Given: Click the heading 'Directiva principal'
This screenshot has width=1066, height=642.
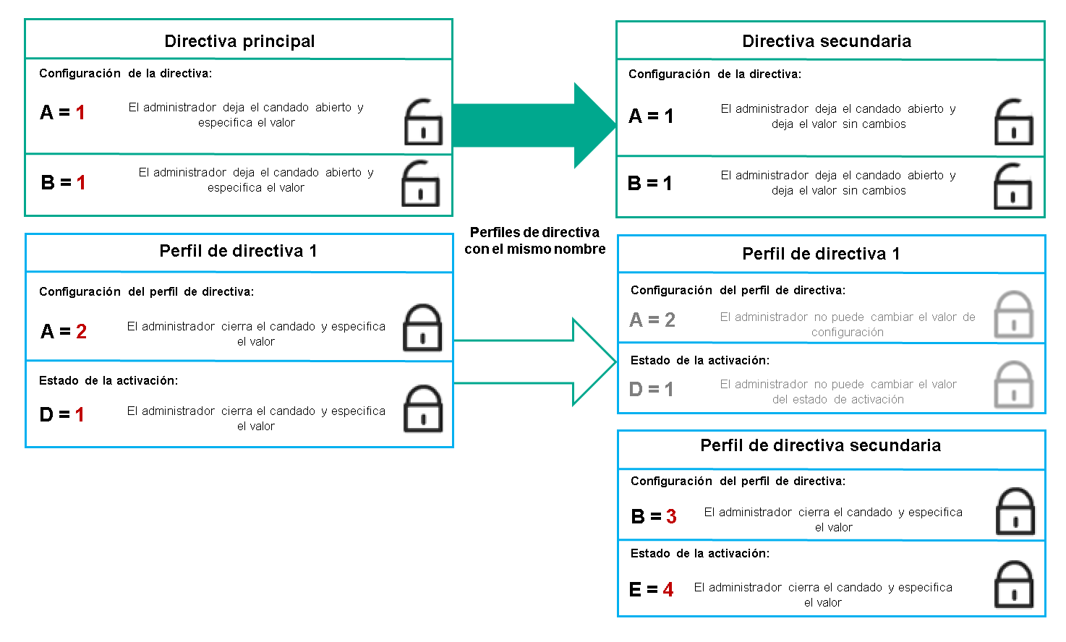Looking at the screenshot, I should pyautogui.click(x=239, y=41).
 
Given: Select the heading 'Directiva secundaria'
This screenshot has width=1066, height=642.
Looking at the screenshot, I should pyautogui.click(x=827, y=41).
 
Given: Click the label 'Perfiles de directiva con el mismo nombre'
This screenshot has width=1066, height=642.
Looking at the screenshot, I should pyautogui.click(x=535, y=241).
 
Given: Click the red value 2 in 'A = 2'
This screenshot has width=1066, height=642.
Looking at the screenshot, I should pyautogui.click(x=81, y=331).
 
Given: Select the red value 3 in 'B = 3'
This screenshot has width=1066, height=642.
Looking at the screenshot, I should pyautogui.click(x=671, y=516).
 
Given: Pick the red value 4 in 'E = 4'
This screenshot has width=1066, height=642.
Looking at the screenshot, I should pyautogui.click(x=668, y=590).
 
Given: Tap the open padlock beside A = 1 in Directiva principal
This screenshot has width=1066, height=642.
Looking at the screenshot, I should pyautogui.click(x=422, y=122).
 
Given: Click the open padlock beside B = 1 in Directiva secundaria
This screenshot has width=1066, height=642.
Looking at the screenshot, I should pyautogui.click(x=1012, y=186).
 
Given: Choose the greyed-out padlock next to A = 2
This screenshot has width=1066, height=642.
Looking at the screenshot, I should pyautogui.click(x=1013, y=314).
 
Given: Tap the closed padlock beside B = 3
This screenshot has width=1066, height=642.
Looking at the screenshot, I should pyautogui.click(x=1015, y=511).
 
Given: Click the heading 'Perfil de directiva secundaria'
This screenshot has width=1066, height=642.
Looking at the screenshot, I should pyautogui.click(x=820, y=445).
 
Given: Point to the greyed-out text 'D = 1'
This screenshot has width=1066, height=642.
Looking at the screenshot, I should pyautogui.click(x=651, y=390).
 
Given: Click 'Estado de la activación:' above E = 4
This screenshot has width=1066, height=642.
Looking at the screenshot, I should pyautogui.click(x=699, y=554).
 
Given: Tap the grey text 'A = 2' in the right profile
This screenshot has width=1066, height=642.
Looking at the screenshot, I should pyautogui.click(x=652, y=320).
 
